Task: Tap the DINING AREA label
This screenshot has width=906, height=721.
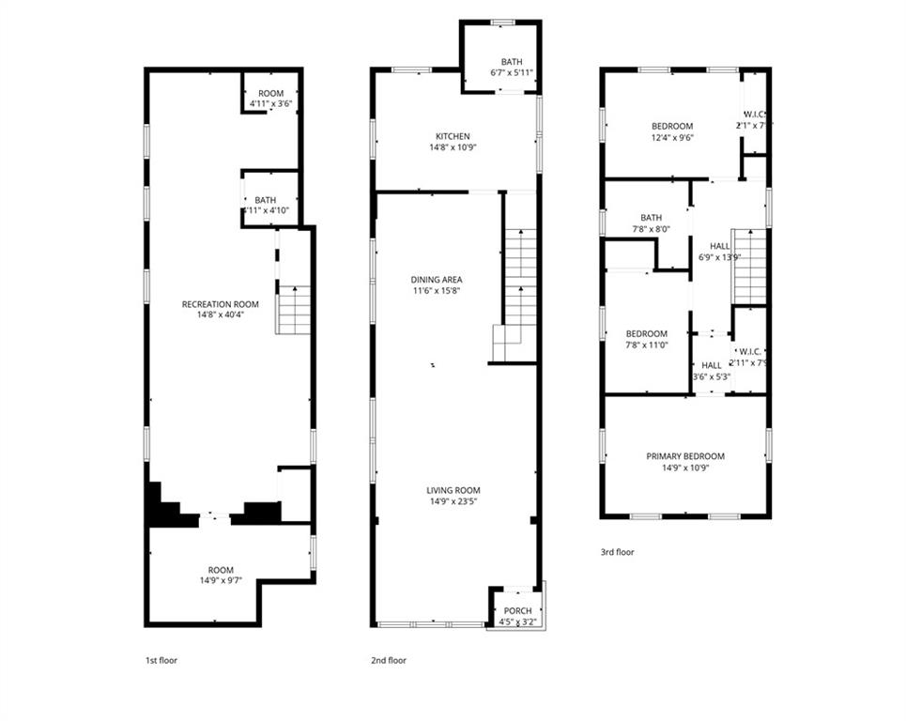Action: pyautogui.click(x=437, y=280)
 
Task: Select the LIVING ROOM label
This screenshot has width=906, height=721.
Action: pyautogui.click(x=453, y=490)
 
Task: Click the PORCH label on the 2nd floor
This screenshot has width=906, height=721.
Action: pyautogui.click(x=517, y=611)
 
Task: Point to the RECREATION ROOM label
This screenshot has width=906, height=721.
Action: pyautogui.click(x=221, y=304)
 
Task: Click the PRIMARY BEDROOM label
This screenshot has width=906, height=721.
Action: pyautogui.click(x=685, y=456)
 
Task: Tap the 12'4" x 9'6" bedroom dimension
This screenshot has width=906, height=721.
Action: pyautogui.click(x=672, y=138)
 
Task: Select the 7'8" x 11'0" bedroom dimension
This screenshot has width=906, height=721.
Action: pyautogui.click(x=647, y=345)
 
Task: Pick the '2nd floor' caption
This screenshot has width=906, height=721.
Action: pyautogui.click(x=389, y=660)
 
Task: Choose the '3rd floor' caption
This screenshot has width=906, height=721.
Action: pyautogui.click(x=617, y=552)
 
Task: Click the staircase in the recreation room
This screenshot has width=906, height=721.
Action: pyautogui.click(x=295, y=311)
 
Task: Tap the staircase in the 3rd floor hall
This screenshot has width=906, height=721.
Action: pyautogui.click(x=749, y=268)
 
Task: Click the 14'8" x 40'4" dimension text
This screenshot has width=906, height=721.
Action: pyautogui.click(x=221, y=314)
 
